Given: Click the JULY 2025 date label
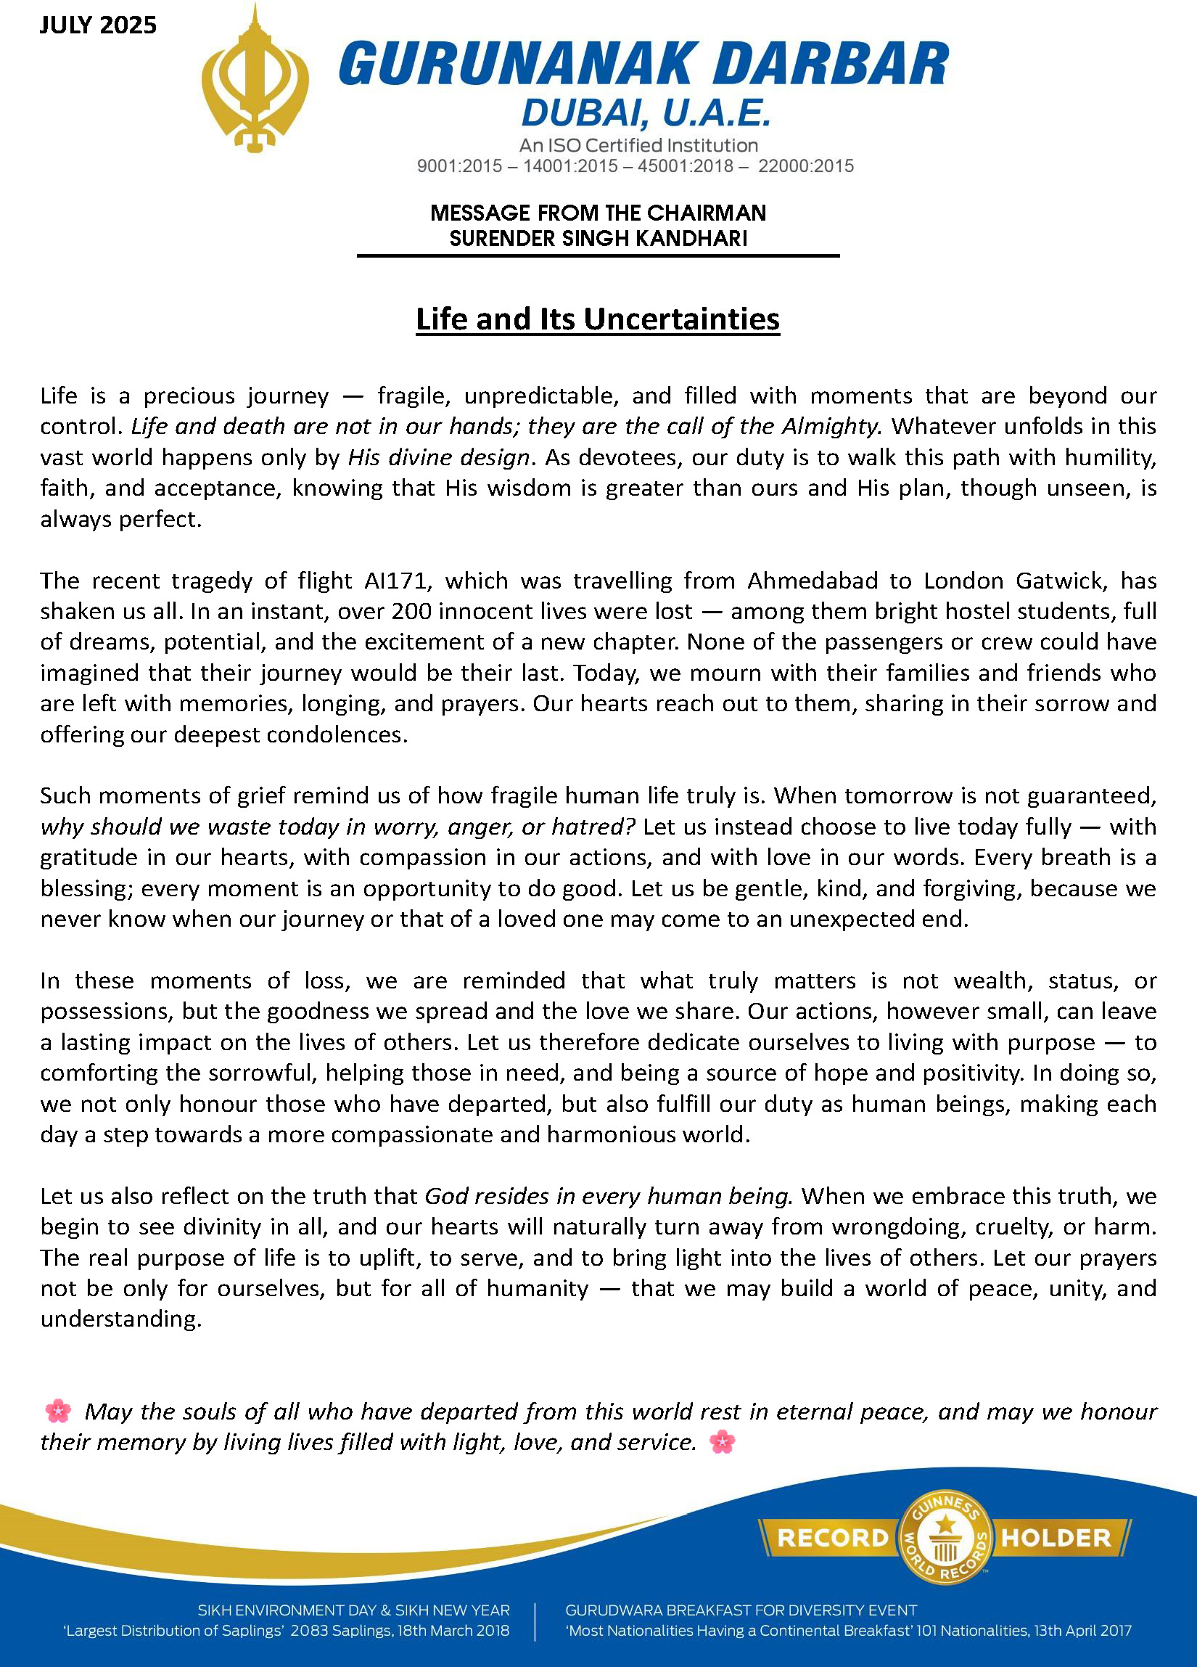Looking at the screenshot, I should (x=98, y=25).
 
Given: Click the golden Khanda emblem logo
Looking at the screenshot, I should (x=255, y=81).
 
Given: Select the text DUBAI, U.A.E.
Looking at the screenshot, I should (x=646, y=114).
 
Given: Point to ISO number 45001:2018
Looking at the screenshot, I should (x=685, y=166).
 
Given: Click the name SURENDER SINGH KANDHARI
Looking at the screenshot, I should (x=598, y=238).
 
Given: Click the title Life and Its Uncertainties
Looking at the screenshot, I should (x=597, y=319).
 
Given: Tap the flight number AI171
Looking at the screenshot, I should (x=395, y=581).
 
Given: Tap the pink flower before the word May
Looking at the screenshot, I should (x=58, y=1411).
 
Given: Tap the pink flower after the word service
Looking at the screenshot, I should (x=723, y=1441).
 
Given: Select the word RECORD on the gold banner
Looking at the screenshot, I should (x=833, y=1538).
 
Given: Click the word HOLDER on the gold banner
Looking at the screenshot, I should (x=1056, y=1538).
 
